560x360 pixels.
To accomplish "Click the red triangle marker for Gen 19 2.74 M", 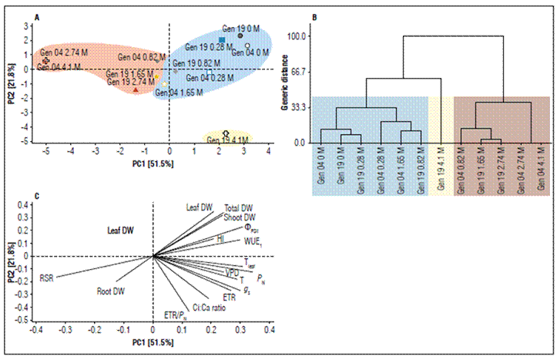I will click(136, 89).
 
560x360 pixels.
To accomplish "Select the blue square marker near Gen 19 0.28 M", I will click(222, 40).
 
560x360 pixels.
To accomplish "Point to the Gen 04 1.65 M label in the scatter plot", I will click(179, 93).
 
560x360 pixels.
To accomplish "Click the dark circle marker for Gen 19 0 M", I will click(240, 35).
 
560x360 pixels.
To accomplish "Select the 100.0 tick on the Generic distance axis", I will click(297, 36).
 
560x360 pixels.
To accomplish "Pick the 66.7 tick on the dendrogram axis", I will click(299, 72).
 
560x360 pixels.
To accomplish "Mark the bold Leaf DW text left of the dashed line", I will click(122, 230).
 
